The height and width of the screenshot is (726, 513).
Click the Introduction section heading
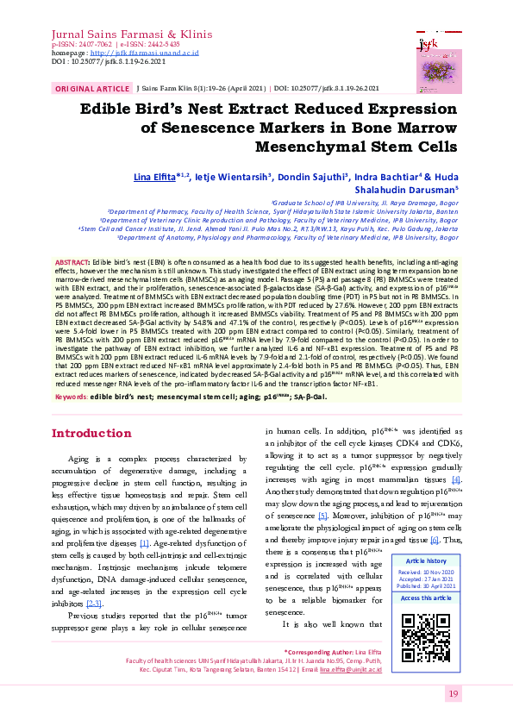pyautogui.click(x=91, y=434)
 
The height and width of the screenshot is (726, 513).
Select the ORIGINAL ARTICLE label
pyautogui.click(x=92, y=89)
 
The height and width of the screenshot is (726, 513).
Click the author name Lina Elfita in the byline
pyautogui.click(x=153, y=177)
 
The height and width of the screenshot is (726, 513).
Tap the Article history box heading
pyautogui.click(x=426, y=560)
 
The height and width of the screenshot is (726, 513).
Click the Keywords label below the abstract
pyautogui.click(x=71, y=397)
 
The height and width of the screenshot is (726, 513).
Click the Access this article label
pyautogui.click(x=426, y=598)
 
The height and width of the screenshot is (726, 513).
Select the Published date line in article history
pyautogui.click(x=426, y=585)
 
